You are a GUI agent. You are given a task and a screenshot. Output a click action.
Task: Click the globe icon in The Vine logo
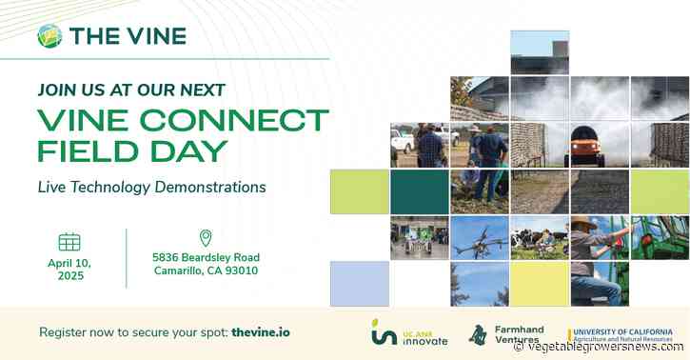point(49,36)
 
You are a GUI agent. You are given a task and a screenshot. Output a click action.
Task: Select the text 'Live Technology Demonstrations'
point(151,187)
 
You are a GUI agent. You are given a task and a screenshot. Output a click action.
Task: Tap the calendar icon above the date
point(69,241)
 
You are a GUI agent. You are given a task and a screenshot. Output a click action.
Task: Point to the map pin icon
point(206,238)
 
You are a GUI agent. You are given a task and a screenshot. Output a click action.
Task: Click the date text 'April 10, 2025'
point(69,269)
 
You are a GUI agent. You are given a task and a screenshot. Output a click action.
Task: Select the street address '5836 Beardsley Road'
point(206,257)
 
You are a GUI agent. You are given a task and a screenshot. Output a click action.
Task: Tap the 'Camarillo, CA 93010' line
point(206,271)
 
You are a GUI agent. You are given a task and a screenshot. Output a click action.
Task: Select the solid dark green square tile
point(419,191)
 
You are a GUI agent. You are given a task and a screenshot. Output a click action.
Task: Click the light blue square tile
point(360,284)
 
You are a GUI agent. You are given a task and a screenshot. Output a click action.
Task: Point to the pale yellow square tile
point(539,284)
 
